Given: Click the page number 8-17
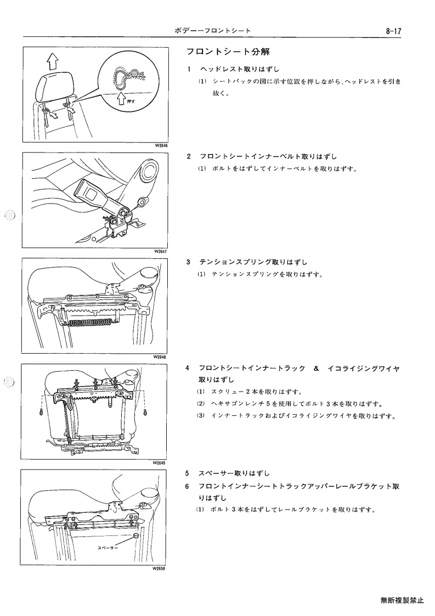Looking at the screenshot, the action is [393, 31].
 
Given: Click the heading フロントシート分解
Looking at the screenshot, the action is [228, 52].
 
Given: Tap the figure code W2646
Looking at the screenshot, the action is [161, 145].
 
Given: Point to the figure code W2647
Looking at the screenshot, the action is [161, 251].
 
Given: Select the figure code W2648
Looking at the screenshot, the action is [160, 357].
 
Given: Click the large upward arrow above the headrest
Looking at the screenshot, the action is [52, 61].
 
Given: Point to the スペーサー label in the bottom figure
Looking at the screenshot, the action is [108, 547].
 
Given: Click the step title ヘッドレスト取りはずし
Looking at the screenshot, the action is [240, 69].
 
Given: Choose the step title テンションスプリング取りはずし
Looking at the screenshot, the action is [253, 262].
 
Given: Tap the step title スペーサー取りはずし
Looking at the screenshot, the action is [234, 473].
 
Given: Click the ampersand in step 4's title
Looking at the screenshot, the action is [317, 369].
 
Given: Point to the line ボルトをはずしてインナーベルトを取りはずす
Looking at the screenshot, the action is [285, 169].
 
